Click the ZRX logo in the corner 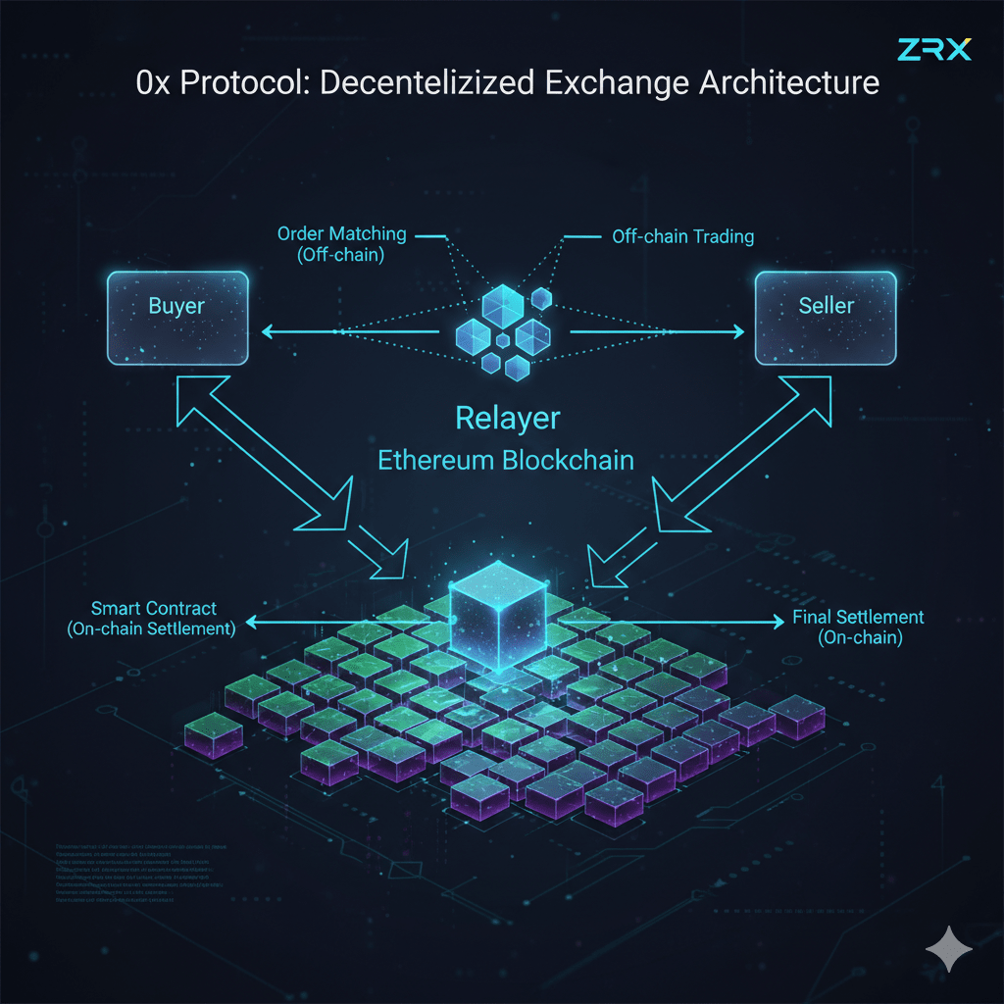[x=934, y=49]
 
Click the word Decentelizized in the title [x=426, y=83]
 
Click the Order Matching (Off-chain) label [x=340, y=243]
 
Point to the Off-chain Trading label [x=682, y=236]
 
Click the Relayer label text [x=507, y=419]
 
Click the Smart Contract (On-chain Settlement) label [x=153, y=620]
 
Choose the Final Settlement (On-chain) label [x=859, y=627]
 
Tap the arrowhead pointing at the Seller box [x=737, y=332]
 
